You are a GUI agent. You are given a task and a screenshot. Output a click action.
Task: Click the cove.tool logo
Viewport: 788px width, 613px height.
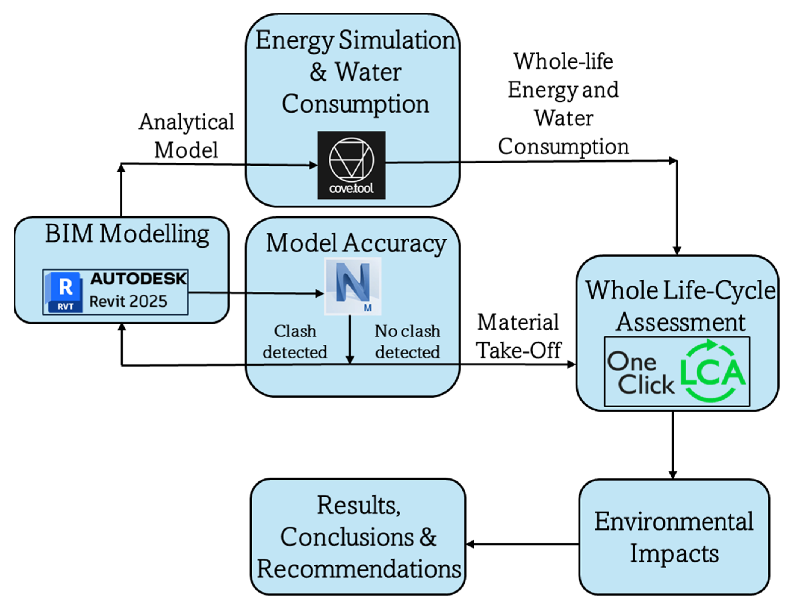coord(351,165)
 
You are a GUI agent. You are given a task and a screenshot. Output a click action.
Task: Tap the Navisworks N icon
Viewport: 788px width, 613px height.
coord(353,286)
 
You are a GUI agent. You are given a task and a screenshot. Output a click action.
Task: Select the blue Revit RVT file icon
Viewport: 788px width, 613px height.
coord(64,292)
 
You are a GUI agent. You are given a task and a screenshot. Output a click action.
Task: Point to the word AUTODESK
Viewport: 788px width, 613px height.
coord(138,279)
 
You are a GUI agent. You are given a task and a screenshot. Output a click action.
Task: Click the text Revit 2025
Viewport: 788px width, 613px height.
coord(128,301)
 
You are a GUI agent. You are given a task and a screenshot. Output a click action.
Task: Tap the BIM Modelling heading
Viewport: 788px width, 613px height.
coord(127,234)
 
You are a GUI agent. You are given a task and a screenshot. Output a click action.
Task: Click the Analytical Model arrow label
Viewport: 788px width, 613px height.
coord(187,136)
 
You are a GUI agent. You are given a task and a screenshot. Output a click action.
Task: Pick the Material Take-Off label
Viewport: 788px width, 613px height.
coord(518,336)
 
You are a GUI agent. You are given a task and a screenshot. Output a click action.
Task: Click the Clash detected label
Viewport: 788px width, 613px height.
coord(295,341)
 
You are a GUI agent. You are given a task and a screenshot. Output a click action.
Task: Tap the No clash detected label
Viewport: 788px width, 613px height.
coord(407,341)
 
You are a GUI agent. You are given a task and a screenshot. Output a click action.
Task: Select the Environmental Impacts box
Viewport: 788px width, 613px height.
coord(674,537)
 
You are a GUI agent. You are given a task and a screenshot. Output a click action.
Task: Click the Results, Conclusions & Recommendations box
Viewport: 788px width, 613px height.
coord(358,537)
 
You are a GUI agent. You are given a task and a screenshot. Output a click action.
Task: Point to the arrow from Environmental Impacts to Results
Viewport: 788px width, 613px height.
coord(522,544)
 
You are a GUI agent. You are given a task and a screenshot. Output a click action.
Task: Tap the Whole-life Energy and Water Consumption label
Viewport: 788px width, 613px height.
coord(564,104)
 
